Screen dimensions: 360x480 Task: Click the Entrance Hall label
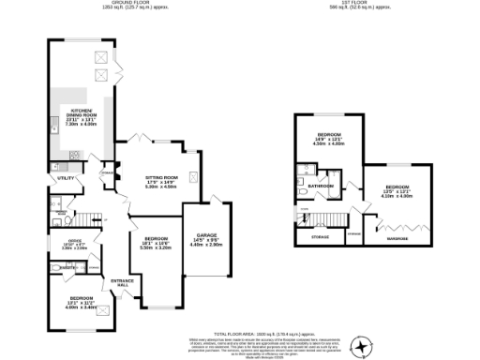point(122,282)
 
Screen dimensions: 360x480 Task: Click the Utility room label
point(65,177)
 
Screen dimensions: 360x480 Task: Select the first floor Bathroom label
point(322,187)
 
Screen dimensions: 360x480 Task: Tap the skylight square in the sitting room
point(193,174)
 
